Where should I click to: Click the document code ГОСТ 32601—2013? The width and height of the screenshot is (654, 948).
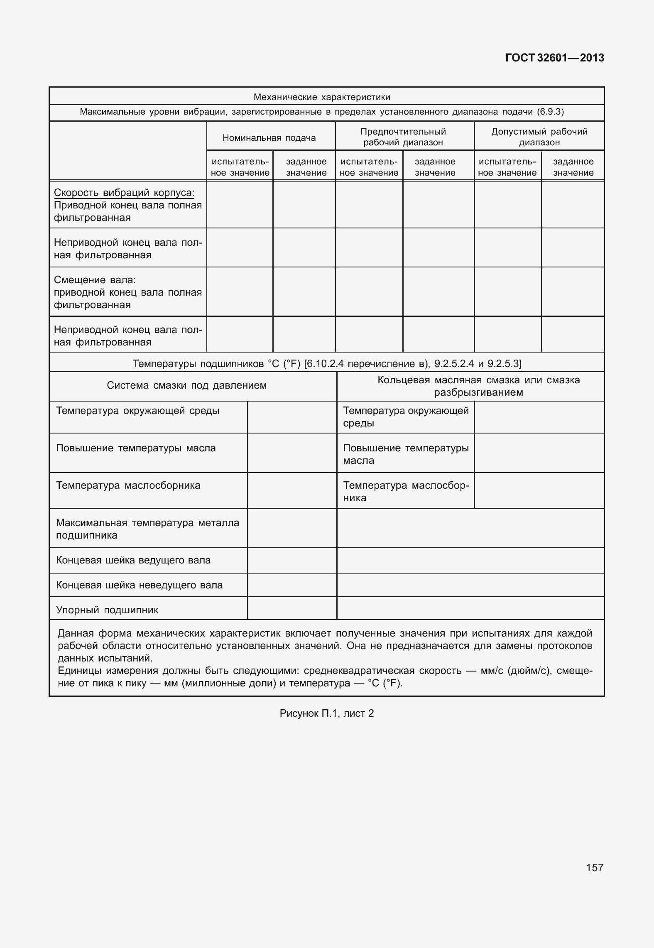click(x=554, y=58)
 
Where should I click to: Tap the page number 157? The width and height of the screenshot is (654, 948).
click(x=594, y=867)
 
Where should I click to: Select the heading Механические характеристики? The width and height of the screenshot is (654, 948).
click(x=322, y=97)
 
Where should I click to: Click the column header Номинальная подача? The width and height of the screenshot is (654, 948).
click(x=269, y=138)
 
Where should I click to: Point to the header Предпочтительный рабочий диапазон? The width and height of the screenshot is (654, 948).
click(x=403, y=137)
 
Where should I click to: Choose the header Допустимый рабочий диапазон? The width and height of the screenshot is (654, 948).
click(x=539, y=137)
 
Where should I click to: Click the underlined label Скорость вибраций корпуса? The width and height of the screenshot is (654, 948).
click(x=124, y=193)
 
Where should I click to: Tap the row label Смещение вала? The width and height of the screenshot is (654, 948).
click(x=95, y=280)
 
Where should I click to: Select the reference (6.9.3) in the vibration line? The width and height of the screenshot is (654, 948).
click(x=550, y=112)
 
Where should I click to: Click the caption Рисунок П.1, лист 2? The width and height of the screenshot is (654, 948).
click(x=327, y=713)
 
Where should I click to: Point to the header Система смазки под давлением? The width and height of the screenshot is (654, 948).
click(x=187, y=385)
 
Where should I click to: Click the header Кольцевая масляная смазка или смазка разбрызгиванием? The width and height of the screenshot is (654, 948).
click(x=478, y=386)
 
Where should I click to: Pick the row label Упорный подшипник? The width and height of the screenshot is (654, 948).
click(x=107, y=610)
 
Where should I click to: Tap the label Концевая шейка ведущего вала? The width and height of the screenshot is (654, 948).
click(x=133, y=560)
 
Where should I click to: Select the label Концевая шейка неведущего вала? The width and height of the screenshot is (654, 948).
click(x=139, y=585)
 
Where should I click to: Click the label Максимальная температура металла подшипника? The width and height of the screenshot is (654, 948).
click(x=147, y=529)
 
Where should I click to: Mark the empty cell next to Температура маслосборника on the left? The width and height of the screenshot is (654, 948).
click(x=292, y=490)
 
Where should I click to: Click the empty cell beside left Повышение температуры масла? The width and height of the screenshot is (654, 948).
click(x=292, y=453)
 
